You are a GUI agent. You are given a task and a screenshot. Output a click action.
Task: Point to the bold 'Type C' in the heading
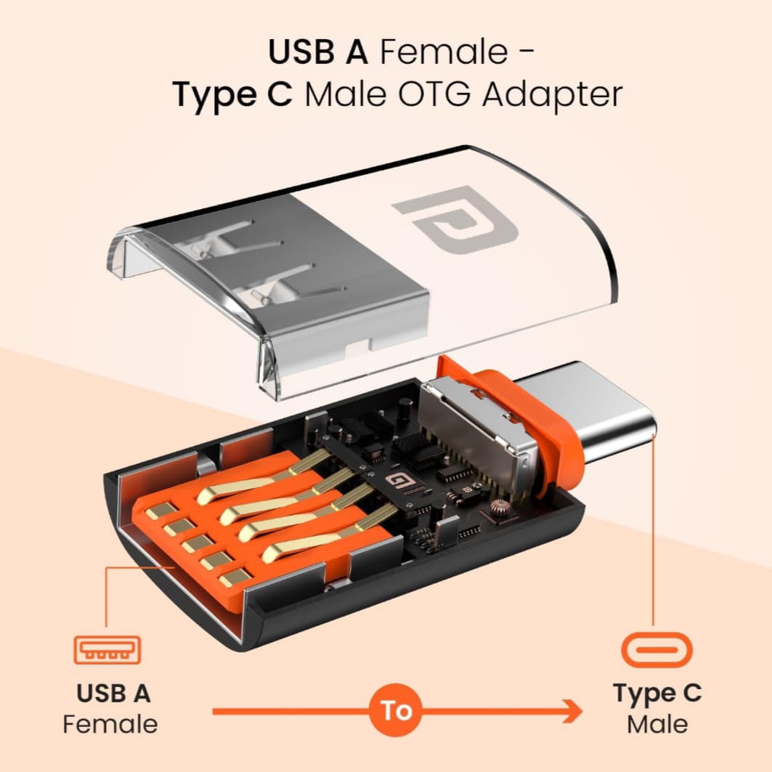pyautogui.click(x=232, y=95)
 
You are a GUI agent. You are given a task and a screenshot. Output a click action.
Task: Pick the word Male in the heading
pyautogui.click(x=346, y=95)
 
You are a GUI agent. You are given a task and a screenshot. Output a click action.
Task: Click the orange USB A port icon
pyautogui.click(x=107, y=649)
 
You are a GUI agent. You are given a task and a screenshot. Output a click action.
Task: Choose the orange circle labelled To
pyautogui.click(x=397, y=710)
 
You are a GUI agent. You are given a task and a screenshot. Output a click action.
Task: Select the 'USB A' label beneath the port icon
pyautogui.click(x=113, y=693)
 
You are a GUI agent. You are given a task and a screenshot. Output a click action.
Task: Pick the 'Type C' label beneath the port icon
pyautogui.click(x=657, y=693)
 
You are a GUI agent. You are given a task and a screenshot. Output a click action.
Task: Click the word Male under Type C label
pyautogui.click(x=657, y=724)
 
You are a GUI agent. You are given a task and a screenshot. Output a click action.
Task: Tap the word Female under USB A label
pyautogui.click(x=110, y=724)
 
